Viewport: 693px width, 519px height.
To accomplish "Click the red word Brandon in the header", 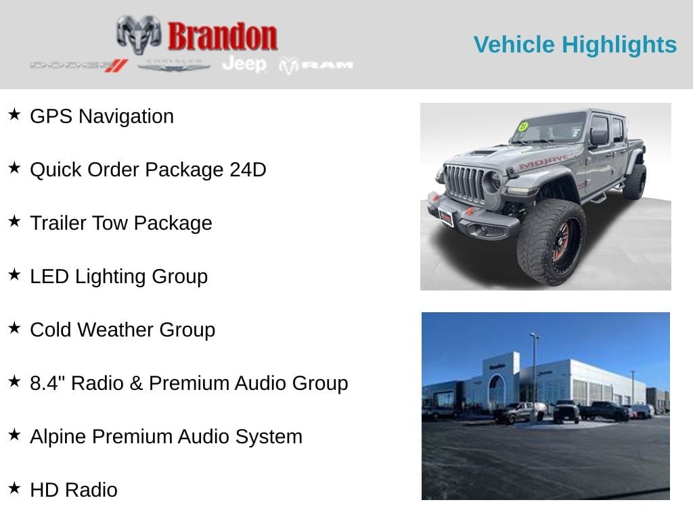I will pyautogui.click(x=222, y=37).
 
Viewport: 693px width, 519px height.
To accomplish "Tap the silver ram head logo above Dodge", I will pyautogui.click(x=138, y=34).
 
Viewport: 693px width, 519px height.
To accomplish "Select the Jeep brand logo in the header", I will pyautogui.click(x=244, y=64).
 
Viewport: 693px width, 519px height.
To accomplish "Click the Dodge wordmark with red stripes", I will pyautogui.click(x=79, y=65).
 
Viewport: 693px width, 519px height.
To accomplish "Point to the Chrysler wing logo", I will pyautogui.click(x=174, y=65).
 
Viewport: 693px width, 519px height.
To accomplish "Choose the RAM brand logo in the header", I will pyautogui.click(x=316, y=65).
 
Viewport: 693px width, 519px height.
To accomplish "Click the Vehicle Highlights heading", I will pyautogui.click(x=575, y=45).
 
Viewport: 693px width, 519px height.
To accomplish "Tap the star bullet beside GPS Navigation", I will pyautogui.click(x=14, y=114).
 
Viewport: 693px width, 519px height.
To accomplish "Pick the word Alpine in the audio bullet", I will pyautogui.click(x=58, y=437).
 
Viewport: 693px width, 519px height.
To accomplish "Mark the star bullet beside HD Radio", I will pyautogui.click(x=14, y=488).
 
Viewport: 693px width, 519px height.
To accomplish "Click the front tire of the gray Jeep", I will pyautogui.click(x=551, y=241).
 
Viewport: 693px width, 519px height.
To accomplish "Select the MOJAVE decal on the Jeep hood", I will pyautogui.click(x=543, y=162).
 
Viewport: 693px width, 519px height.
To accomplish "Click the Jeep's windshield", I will pyautogui.click(x=549, y=128).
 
